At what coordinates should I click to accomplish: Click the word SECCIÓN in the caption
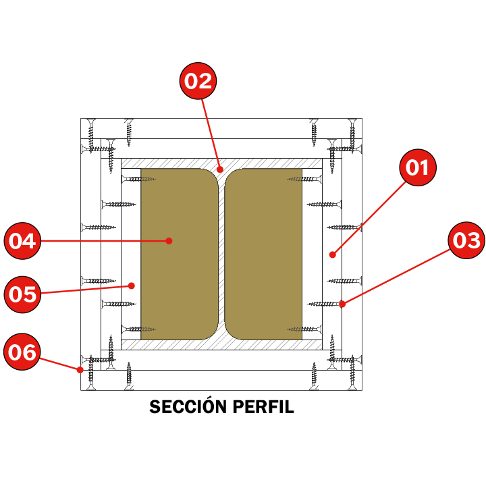pyautogui.click(x=188, y=408)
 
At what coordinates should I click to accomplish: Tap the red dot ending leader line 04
pyautogui.click(x=169, y=240)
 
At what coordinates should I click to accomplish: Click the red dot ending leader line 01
pyautogui.click(x=332, y=254)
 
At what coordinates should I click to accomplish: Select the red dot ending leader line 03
pyautogui.click(x=342, y=304)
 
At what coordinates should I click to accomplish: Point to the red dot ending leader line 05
pyautogui.click(x=133, y=285)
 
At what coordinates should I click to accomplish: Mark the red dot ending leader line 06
pyautogui.click(x=80, y=370)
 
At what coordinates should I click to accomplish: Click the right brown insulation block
pyautogui.click(x=263, y=254)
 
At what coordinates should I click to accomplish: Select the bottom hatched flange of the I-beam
pyautogui.click(x=221, y=345)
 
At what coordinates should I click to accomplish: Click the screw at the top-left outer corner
pyautogui.click(x=91, y=130)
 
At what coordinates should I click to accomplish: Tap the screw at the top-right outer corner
pyautogui.click(x=351, y=130)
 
